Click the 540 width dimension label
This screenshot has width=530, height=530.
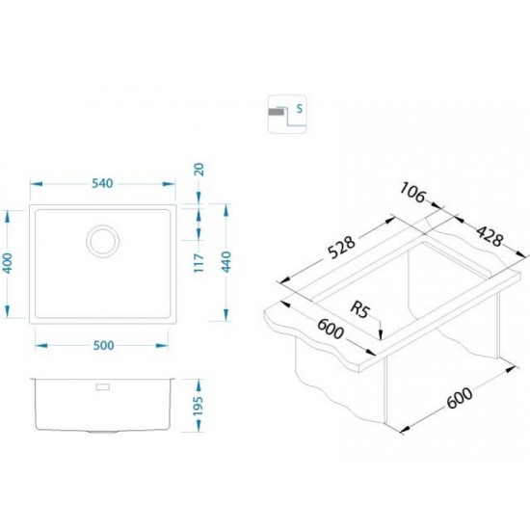click(x=102, y=183)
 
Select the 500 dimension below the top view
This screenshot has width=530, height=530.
click(x=103, y=345)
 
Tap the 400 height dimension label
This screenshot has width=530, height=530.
click(x=7, y=263)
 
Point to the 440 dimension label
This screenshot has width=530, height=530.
click(x=225, y=262)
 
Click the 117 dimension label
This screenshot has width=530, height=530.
click(x=199, y=263)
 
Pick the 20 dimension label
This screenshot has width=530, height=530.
click(x=199, y=169)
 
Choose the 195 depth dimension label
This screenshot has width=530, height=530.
click(x=198, y=406)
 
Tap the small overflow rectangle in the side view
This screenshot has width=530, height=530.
click(x=103, y=386)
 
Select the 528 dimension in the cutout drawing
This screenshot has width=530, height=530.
click(x=341, y=247)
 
